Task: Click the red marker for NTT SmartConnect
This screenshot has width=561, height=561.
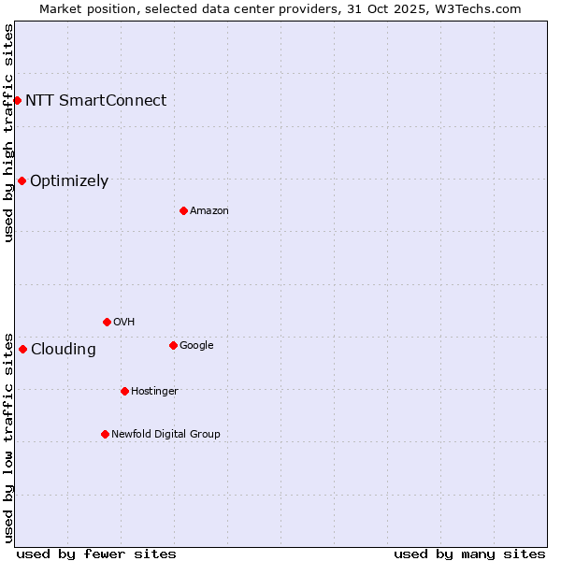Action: (17, 100)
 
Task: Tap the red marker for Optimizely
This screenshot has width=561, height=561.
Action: (22, 180)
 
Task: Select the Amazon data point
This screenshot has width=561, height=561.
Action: (183, 210)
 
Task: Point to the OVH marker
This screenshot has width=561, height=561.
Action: (107, 322)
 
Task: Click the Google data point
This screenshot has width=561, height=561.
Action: (173, 345)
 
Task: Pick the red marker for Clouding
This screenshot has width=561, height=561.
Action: (22, 349)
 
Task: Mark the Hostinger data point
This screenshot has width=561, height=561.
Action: (124, 391)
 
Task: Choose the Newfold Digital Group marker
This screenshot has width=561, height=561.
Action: (105, 434)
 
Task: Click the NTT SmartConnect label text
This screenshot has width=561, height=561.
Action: (95, 100)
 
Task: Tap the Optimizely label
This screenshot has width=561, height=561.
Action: (69, 181)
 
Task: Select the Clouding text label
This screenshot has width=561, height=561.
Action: (63, 350)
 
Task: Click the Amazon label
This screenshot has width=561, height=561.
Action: (209, 210)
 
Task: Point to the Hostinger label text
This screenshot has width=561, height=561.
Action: (154, 391)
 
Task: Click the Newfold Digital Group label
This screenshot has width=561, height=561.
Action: (165, 434)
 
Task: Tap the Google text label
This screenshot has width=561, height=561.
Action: (196, 345)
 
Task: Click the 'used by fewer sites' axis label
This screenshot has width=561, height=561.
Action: (96, 554)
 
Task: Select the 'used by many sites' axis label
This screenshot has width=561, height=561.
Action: (469, 554)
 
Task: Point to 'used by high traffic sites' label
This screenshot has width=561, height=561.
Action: (8, 133)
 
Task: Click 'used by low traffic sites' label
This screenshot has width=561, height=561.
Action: (8, 437)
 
